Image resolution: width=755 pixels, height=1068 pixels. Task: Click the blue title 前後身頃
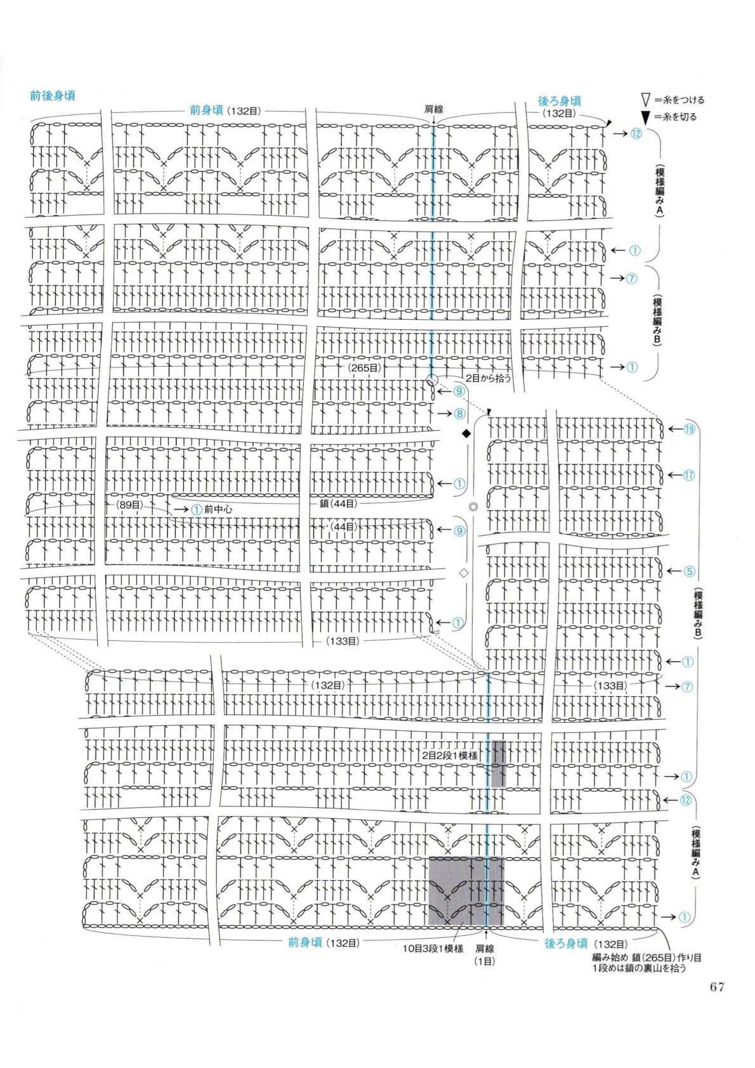(x=53, y=96)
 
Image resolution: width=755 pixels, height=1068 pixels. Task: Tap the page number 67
(x=717, y=987)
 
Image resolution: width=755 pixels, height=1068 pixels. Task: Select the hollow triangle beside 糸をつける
(x=646, y=100)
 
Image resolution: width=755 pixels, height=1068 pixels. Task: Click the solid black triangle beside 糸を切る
(x=646, y=117)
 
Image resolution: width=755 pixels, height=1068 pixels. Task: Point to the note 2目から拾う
(x=489, y=378)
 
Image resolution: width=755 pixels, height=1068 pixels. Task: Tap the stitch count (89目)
(x=129, y=504)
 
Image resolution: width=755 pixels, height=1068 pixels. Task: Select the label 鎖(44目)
(x=339, y=503)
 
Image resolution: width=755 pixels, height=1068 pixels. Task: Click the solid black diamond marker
(x=466, y=433)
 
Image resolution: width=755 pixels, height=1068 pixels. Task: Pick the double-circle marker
(x=473, y=507)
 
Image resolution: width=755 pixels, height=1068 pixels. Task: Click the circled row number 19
(x=689, y=429)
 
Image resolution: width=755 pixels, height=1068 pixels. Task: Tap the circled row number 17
(x=689, y=475)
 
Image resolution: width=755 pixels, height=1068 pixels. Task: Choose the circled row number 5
(x=689, y=571)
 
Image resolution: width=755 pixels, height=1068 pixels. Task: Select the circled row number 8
(x=459, y=413)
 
